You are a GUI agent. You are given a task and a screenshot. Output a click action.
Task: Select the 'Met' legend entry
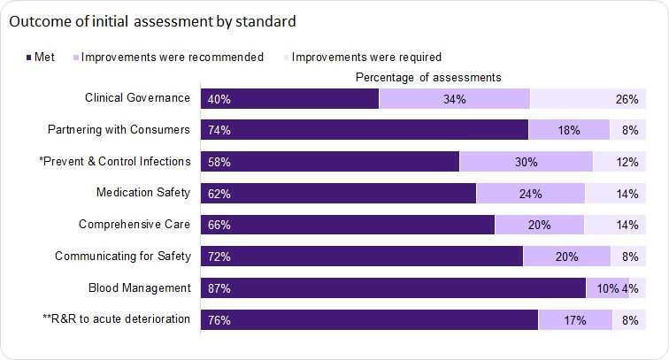click(x=41, y=57)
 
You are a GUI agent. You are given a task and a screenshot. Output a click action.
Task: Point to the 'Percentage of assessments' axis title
click(x=428, y=78)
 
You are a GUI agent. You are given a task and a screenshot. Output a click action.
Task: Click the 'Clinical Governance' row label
click(x=137, y=98)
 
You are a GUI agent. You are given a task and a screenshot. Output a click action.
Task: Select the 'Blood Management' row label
click(x=140, y=287)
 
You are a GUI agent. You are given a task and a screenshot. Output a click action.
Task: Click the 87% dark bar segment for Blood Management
click(x=393, y=288)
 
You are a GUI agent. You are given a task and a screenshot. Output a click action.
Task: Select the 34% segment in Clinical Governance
click(x=454, y=99)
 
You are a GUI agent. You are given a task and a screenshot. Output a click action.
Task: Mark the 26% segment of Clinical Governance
click(x=587, y=99)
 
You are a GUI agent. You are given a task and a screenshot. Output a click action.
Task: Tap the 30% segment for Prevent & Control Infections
click(x=526, y=162)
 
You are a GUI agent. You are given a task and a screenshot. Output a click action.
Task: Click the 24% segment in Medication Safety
click(x=530, y=194)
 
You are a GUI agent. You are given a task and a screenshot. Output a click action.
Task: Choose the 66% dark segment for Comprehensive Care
click(x=348, y=225)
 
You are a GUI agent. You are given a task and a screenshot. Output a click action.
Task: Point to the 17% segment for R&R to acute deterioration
click(x=575, y=320)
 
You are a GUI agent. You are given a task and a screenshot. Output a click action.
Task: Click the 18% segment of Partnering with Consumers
click(x=568, y=130)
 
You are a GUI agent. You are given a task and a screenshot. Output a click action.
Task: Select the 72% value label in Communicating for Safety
click(x=219, y=257)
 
